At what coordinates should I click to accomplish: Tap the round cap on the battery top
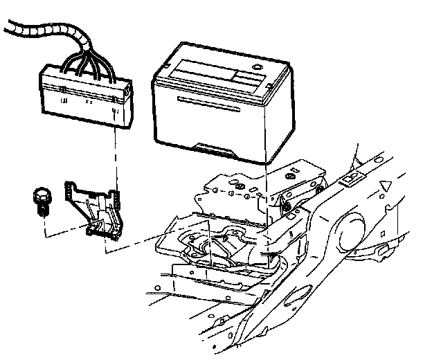(258, 67)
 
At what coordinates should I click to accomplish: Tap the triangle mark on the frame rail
(387, 186)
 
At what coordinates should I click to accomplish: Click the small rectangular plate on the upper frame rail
(351, 179)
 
